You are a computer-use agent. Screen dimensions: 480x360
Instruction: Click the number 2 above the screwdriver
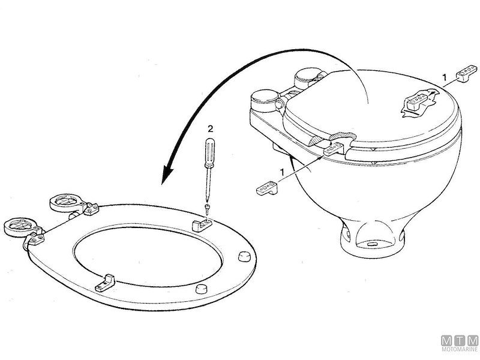coord(210,129)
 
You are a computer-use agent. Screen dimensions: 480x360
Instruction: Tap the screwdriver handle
coord(209,153)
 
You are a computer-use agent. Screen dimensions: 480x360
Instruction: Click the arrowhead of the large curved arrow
coord(167,175)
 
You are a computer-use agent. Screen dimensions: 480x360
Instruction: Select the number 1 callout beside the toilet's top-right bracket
coord(445,78)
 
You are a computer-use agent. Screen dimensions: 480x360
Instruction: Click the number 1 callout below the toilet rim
coord(283,172)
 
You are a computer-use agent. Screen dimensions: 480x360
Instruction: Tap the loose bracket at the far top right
coord(467,73)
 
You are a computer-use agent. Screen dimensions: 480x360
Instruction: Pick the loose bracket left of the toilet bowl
coord(267,188)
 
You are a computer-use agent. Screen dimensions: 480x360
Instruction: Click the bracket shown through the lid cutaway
coord(418,101)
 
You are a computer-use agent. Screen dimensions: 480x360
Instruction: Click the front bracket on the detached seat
coord(106,283)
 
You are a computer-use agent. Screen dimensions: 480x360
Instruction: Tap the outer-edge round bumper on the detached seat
coord(244,256)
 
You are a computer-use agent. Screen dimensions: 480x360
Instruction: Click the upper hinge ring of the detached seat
coord(67,202)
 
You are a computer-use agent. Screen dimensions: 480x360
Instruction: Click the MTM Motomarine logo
coord(460,344)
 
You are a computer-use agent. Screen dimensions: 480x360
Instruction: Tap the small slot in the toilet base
coord(371,244)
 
